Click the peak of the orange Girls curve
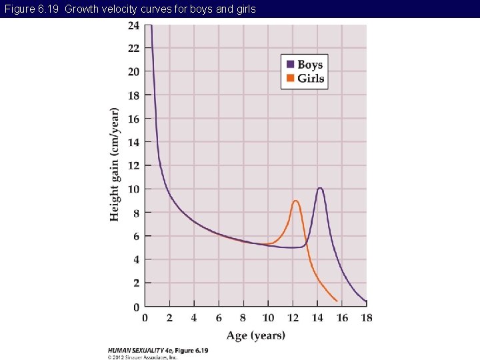click(x=295, y=201)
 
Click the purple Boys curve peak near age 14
click(x=320, y=188)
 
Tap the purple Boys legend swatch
click(x=290, y=65)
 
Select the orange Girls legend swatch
click(x=290, y=78)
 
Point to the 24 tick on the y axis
click(x=133, y=25)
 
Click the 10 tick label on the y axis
click(x=133, y=189)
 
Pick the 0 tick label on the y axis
click(x=136, y=307)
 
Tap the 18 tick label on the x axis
click(x=366, y=318)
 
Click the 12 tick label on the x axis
click(x=293, y=318)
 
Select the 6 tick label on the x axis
click(x=219, y=318)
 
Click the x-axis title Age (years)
click(x=255, y=335)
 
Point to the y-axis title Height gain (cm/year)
click(x=115, y=165)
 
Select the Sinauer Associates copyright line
click(x=143, y=357)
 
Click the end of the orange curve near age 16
click(x=337, y=301)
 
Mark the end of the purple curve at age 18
click(x=366, y=302)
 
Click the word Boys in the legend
click(x=310, y=65)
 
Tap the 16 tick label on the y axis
click(x=133, y=119)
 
